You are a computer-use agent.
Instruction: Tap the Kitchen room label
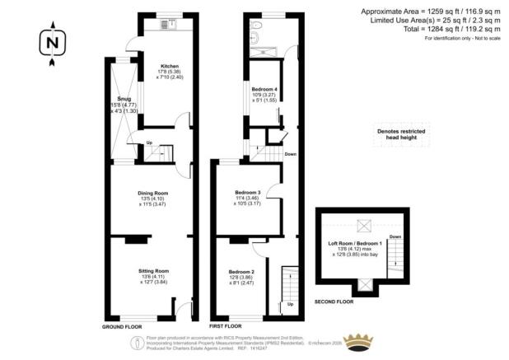170,66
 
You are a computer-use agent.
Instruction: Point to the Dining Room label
152,194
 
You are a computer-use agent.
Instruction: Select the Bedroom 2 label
240,271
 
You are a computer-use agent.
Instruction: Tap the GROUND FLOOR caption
123,327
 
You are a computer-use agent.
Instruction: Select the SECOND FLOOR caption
333,302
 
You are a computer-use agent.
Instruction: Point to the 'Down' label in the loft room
396,236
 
